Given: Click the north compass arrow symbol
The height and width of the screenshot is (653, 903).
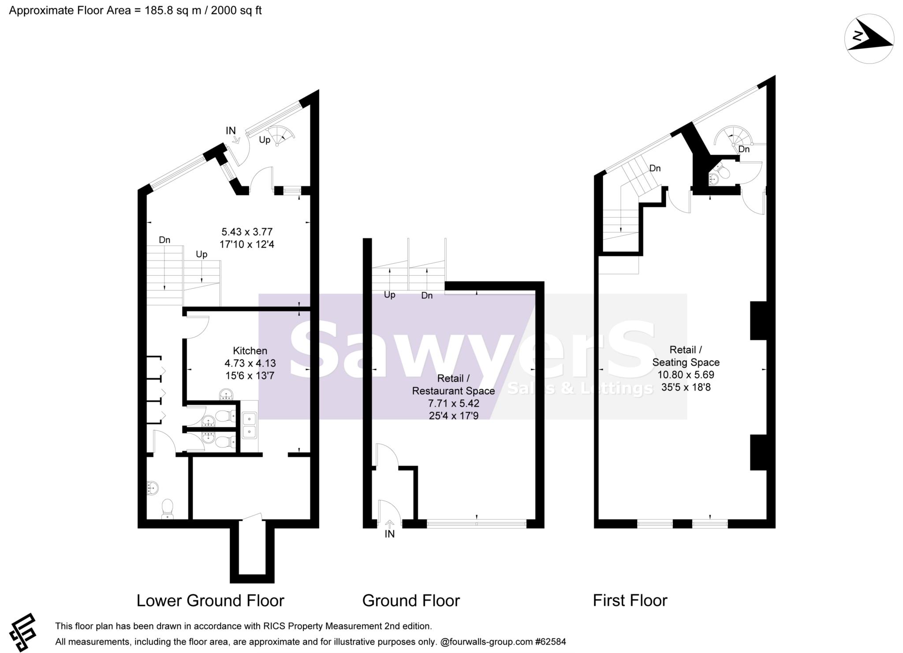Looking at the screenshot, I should click(869, 39).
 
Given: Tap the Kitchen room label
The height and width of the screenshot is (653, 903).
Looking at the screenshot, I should click(250, 351).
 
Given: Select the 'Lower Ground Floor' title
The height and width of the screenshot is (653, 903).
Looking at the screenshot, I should click(210, 601).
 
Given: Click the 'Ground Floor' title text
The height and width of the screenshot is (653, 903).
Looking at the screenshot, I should click(411, 601).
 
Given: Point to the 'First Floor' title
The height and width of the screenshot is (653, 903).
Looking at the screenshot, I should click(630, 601).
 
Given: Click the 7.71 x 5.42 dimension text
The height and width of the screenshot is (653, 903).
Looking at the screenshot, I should click(453, 403).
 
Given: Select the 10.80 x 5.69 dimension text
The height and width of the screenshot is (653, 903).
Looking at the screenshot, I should click(686, 375).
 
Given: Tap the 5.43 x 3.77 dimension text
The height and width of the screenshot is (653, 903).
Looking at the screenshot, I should click(247, 232).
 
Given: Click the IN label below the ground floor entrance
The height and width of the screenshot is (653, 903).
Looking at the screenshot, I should click(390, 534).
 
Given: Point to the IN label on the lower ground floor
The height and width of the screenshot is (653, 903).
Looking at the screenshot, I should click(231, 131).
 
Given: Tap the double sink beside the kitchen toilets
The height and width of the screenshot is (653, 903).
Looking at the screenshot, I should click(250, 425).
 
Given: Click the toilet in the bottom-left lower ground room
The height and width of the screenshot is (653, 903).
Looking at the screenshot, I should click(168, 509).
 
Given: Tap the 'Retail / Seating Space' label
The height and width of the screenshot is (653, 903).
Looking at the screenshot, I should click(686, 356).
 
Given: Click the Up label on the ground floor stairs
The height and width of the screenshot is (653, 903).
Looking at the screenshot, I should click(389, 295).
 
